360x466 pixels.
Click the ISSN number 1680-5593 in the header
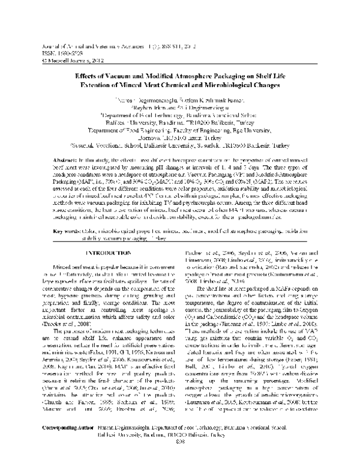67,53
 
